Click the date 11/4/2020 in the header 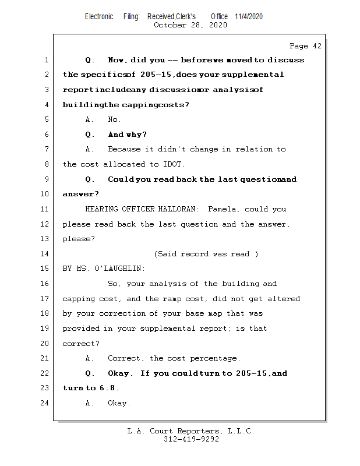pyautogui.click(x=249, y=17)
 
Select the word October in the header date pyautogui.click(x=170, y=25)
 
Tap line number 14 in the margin pyautogui.click(x=45, y=254)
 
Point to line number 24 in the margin pyautogui.click(x=45, y=403)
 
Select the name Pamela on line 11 pyautogui.click(x=222, y=209)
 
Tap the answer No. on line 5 pyautogui.click(x=115, y=119)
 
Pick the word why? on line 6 pyautogui.click(x=136, y=135)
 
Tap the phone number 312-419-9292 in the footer pyautogui.click(x=191, y=440)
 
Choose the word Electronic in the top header pyautogui.click(x=99, y=17)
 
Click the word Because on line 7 pyautogui.click(x=124, y=149)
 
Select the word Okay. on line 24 pyautogui.click(x=119, y=403)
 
